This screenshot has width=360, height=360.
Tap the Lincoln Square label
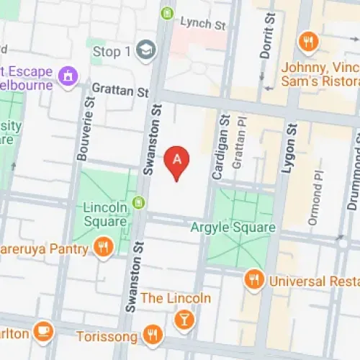point(105,214)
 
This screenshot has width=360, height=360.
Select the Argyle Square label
point(233,228)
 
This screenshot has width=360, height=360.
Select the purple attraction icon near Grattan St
point(68,75)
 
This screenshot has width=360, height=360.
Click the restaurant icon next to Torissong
point(151,333)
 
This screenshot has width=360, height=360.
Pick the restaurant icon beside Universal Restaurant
point(253,279)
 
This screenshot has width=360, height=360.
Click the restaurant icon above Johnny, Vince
point(310,42)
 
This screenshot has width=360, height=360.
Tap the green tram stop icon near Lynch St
point(168,12)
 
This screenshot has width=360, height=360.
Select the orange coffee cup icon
point(44,330)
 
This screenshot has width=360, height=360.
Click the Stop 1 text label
point(112,51)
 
